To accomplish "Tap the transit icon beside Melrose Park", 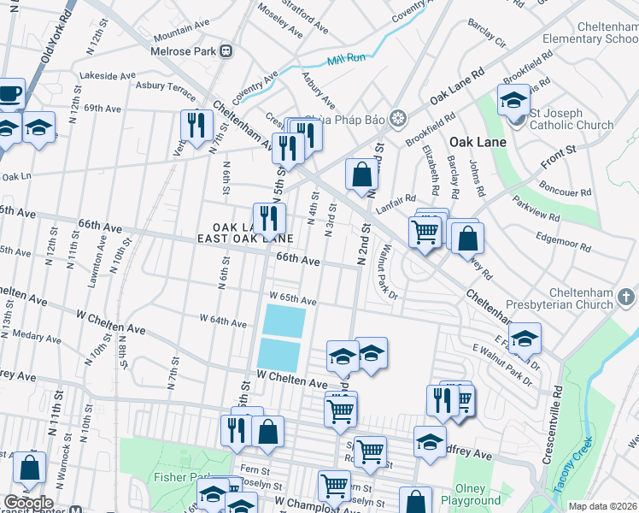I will coord(226,50).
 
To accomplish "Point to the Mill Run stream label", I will coord(345,61).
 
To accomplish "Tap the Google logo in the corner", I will coord(27,503).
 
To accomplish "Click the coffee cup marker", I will coord(9,95).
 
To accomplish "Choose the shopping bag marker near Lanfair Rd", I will coord(362,174).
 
